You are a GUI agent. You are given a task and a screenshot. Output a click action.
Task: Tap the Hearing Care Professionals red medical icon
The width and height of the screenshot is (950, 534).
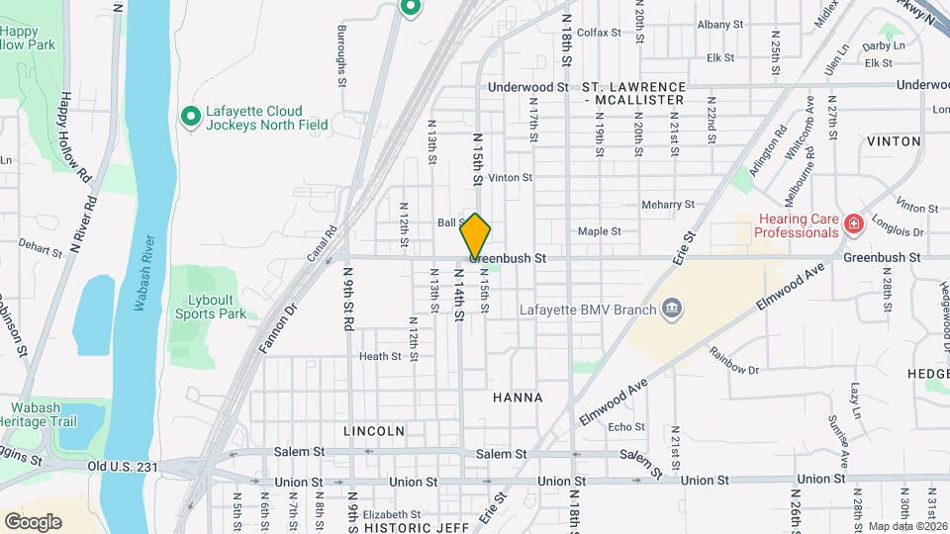[851, 225]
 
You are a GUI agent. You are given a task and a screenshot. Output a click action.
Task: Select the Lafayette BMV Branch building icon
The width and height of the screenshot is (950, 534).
[672, 310]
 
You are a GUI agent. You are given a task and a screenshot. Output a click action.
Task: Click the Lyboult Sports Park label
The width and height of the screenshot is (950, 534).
[210, 306]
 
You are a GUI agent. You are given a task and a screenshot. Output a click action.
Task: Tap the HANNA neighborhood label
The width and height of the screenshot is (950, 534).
[517, 398]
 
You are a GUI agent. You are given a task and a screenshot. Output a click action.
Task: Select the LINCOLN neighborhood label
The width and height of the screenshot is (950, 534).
[374, 431]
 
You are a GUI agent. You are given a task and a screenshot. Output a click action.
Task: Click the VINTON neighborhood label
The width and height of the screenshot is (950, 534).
[894, 141]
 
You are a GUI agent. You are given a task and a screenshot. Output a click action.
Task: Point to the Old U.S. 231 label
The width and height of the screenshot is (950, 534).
[124, 466]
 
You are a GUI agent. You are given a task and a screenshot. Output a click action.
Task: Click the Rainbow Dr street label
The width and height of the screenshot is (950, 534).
[733, 370]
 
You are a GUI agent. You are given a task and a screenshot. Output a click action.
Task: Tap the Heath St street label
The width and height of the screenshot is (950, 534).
[380, 356]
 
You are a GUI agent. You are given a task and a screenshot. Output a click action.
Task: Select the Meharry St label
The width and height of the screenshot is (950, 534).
[669, 205]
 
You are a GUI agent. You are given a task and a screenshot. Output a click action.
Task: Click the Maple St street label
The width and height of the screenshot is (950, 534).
[599, 231]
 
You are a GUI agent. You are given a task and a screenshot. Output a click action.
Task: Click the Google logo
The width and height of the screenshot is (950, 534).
[33, 521]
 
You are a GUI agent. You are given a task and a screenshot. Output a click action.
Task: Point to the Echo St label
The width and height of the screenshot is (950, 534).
[626, 427]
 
